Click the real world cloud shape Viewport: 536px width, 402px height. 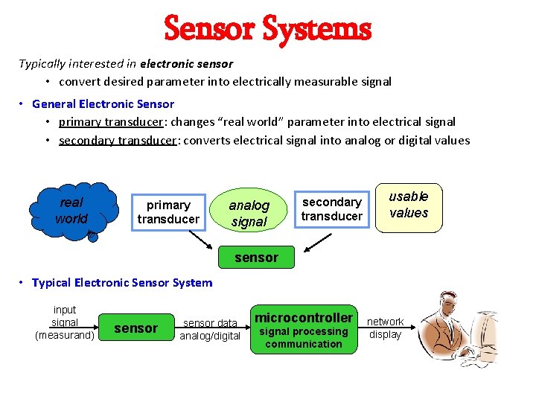72,210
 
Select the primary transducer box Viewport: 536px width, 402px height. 168,211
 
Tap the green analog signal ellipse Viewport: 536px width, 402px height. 249,213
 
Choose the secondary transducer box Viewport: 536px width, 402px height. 331,208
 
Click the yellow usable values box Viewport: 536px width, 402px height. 409,205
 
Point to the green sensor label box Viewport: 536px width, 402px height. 256,258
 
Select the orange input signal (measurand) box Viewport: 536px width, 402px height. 65,322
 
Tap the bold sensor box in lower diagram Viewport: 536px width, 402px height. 135,328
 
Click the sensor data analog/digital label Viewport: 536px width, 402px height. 210,329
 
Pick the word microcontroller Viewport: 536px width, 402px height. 304,318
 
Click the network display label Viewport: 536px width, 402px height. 385,328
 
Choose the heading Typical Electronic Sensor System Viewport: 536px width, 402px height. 122,282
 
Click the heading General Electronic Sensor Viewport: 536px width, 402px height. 103,103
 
